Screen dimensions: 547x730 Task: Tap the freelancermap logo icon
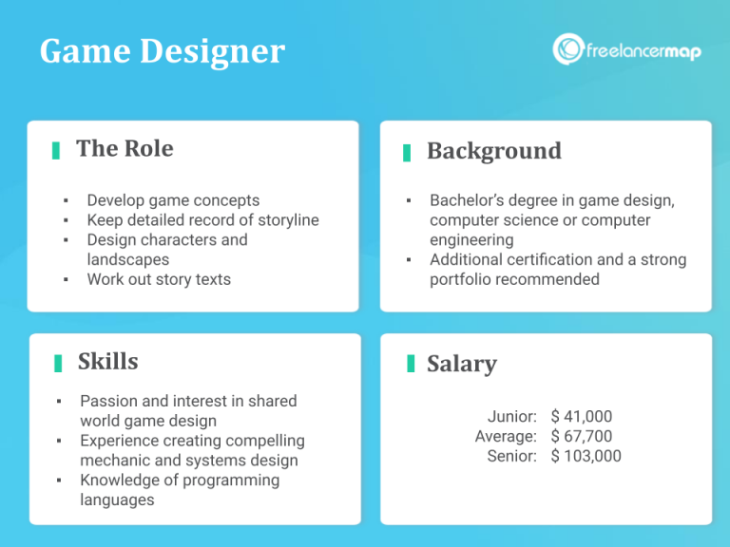point(568,49)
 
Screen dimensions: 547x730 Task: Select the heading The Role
point(125,148)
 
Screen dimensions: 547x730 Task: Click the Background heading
point(493,151)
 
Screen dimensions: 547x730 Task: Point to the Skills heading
point(107,361)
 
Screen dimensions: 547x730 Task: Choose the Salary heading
point(461,364)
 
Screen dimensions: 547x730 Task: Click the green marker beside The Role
point(56,150)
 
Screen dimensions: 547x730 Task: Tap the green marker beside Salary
point(410,364)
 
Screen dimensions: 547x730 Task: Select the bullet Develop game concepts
point(173,200)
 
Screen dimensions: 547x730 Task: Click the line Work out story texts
point(159,279)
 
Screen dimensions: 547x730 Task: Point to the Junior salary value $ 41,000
point(582,416)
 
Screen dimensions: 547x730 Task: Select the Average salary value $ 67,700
point(582,436)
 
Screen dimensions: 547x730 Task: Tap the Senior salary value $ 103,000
point(586,456)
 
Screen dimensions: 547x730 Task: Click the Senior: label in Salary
point(512,456)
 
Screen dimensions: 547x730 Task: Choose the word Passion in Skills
point(111,401)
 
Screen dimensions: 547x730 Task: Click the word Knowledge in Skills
point(121,480)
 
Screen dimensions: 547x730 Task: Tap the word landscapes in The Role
point(128,259)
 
